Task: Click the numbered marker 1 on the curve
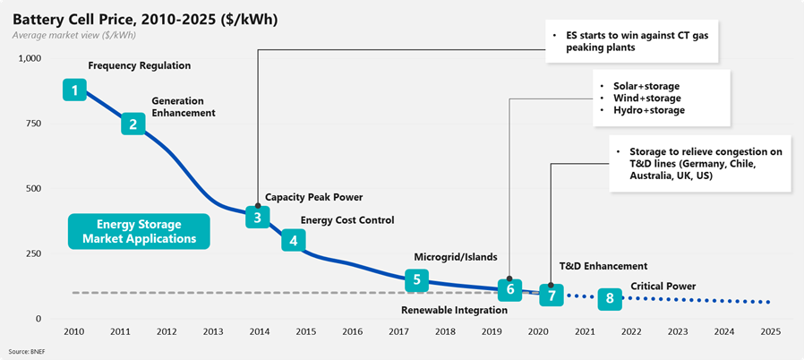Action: point(74,90)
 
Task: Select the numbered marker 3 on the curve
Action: point(257,217)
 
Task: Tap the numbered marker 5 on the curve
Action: point(415,279)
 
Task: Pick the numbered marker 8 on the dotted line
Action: point(610,298)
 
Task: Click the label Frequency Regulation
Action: point(139,66)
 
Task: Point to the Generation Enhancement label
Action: point(184,107)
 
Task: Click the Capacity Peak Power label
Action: point(313,197)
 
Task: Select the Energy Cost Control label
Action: point(346,220)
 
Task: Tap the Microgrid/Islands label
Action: point(455,257)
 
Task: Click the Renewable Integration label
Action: point(454,311)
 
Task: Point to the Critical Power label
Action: point(663,287)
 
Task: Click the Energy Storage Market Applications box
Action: point(139,231)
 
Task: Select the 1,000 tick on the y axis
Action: point(30,58)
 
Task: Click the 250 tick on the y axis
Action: point(33,253)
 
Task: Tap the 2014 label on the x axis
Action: point(258,331)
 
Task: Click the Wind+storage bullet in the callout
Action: point(646,98)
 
